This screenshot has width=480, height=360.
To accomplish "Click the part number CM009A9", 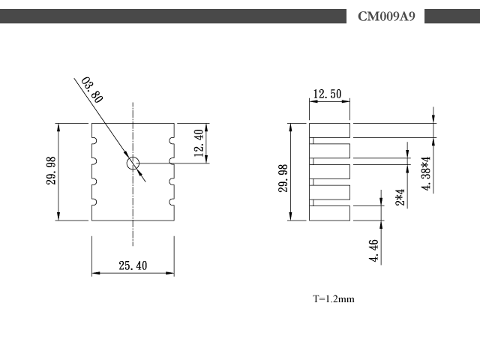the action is coord(386,16).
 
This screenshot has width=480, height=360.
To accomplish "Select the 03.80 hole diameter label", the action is coord(92,90).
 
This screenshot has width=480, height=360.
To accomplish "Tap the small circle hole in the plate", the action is coord(133,163).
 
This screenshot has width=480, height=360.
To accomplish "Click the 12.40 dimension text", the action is coord(199,143).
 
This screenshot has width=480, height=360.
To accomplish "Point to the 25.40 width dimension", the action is coord(133,265).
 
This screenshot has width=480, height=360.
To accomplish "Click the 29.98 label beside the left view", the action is coord(51,170).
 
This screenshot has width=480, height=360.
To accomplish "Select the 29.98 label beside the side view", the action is coord(283,178).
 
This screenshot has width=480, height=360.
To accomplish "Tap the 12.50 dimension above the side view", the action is coord(327,94).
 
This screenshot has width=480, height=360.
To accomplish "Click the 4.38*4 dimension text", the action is coord(426,173).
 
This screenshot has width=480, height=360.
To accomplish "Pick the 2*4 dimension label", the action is coord(400,197).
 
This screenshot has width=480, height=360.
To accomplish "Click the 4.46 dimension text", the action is coord(373,250).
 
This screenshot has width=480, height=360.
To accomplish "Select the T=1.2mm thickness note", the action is coord(333,298).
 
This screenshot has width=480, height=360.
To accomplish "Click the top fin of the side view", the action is coord(329,130).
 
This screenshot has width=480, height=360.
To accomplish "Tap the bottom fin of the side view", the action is coord(329,213).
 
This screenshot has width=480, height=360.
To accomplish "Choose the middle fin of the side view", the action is coord(329,172).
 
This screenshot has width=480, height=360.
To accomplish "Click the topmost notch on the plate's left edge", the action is coord(94,140).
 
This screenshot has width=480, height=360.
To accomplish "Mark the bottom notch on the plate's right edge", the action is coord(172,202).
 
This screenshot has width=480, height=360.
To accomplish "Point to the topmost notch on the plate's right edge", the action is coord(172,140).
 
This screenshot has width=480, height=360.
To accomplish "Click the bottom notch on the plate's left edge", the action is coord(94,202).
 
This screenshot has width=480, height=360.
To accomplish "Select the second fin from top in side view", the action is coord(329,151).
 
